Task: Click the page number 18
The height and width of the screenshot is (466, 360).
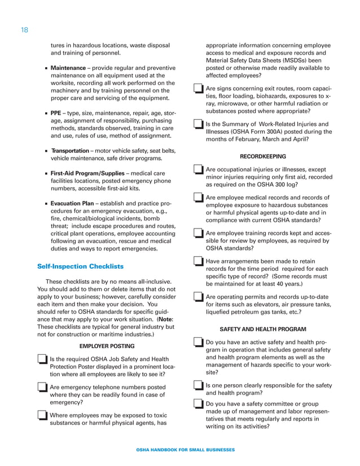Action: point(24,29)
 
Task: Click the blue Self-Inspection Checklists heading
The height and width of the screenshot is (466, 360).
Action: point(80,266)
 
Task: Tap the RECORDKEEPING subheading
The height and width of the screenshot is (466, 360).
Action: point(262,156)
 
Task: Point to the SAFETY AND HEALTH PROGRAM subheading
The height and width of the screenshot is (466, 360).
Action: point(262,329)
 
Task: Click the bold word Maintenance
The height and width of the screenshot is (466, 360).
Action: point(68,68)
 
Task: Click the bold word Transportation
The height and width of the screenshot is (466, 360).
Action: point(69,151)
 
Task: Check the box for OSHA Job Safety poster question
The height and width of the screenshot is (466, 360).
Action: point(41,359)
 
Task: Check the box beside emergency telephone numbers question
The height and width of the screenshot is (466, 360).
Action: point(41,387)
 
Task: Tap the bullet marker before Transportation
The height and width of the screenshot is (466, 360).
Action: point(46,151)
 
